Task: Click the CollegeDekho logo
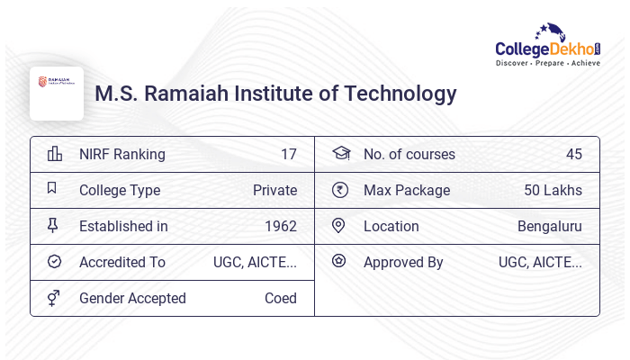pos(548,46)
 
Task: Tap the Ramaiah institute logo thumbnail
pos(57,93)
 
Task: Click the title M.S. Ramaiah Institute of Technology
pos(275,94)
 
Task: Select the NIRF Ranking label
pos(121,154)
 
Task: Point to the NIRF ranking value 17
pos(288,154)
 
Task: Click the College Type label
pos(120,190)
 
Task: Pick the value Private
pos(274,190)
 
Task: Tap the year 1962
pos(280,226)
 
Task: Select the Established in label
pos(123,226)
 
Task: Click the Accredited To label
pos(122,262)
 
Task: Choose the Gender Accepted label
pos(132,298)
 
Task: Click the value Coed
pos(280,298)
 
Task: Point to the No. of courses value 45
pos(573,154)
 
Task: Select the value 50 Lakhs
pos(553,190)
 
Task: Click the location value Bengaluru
pos(549,226)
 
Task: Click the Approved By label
pos(403,262)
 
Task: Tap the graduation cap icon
pos(340,153)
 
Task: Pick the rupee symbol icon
pos(339,190)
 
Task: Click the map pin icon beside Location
pos(339,226)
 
